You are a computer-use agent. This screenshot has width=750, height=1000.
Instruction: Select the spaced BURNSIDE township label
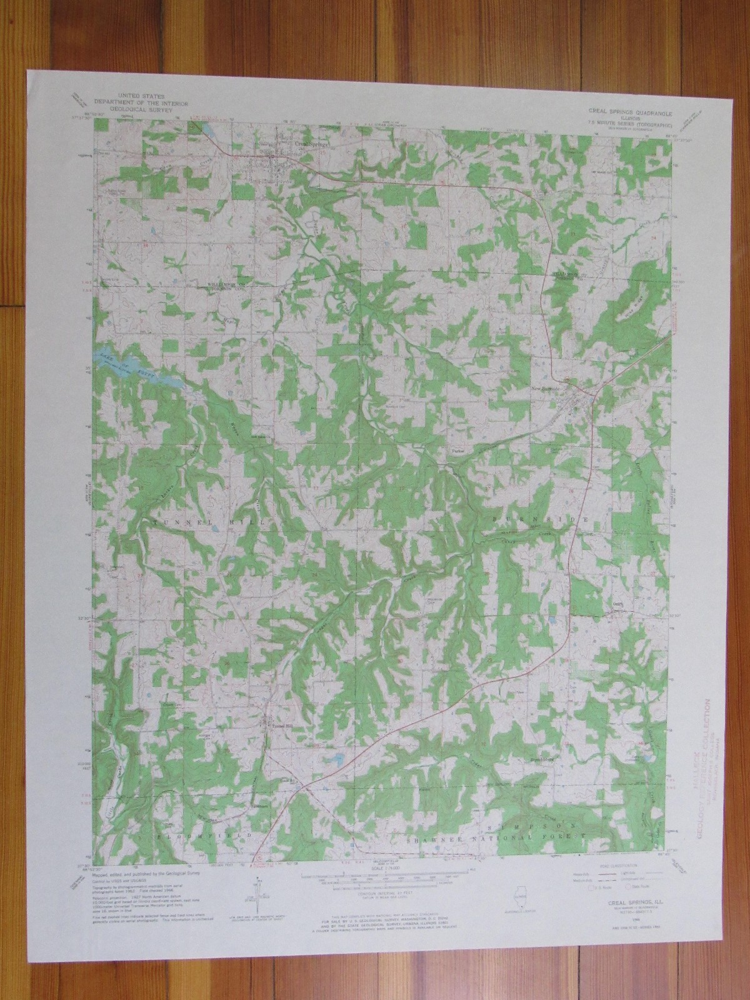coord(539,519)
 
